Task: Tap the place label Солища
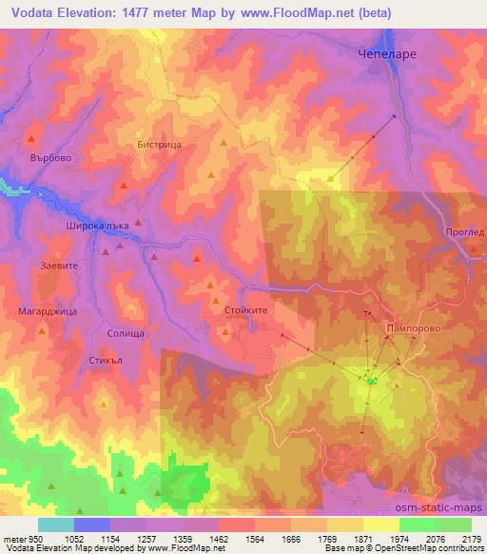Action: coord(126,333)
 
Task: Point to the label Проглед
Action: coord(464,231)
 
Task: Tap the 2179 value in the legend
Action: coord(471,538)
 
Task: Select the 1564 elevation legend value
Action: coord(236,538)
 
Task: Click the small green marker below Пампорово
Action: coord(372,383)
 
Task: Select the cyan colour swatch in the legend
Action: coord(56,524)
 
